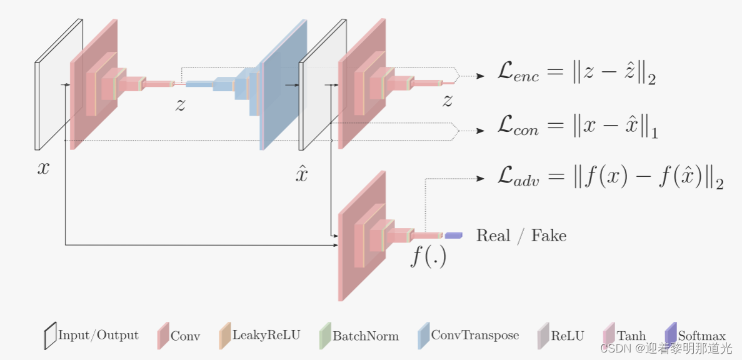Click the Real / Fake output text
click(521, 236)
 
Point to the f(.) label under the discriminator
click(428, 256)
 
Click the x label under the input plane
click(43, 167)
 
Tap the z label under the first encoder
click(180, 104)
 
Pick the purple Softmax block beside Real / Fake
click(453, 236)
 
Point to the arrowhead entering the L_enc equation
click(481, 76)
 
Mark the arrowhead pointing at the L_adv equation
click(481, 178)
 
